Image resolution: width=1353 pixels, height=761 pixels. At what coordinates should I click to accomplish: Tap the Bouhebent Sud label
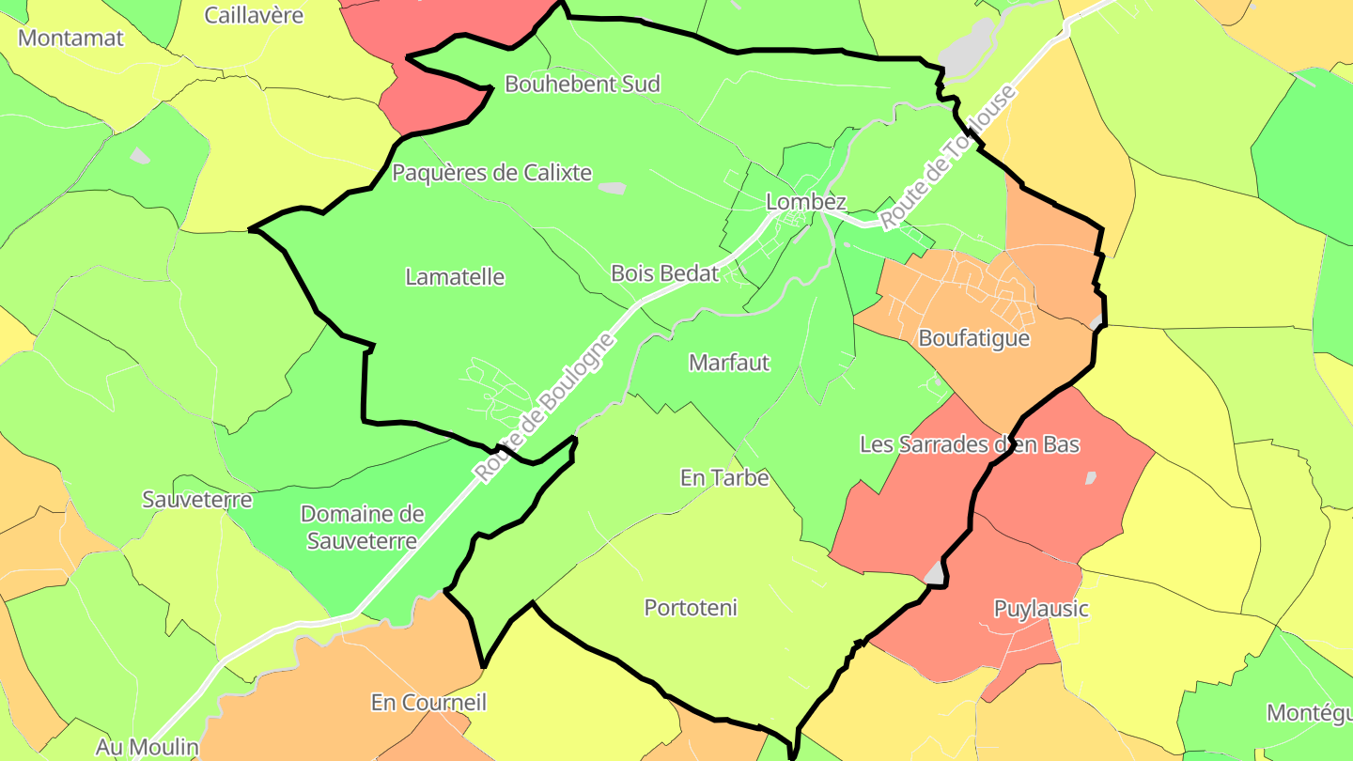583,84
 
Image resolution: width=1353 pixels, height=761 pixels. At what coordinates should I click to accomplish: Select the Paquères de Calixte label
491,173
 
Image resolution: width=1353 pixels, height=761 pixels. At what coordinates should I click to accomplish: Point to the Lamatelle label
455,277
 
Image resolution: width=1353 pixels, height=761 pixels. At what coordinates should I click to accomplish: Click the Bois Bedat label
664,273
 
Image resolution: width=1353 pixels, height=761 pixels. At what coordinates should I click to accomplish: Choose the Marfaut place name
729,363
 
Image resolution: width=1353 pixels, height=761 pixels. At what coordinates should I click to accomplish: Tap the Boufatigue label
974,338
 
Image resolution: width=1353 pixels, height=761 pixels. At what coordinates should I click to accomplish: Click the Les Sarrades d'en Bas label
970,444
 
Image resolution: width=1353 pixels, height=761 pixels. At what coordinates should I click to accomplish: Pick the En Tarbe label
724,478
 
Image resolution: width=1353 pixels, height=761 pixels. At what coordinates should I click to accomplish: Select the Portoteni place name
691,608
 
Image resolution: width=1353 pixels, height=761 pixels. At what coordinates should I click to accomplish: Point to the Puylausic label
1041,609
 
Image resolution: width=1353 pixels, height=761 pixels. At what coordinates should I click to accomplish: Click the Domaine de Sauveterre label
362,527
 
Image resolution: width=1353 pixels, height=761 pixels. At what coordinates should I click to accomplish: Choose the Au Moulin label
148,748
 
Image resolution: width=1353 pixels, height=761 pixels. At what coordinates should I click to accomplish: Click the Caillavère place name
254,15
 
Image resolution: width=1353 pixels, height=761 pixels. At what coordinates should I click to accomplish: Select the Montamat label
70,39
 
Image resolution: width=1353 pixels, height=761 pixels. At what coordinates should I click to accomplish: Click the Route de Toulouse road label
948,158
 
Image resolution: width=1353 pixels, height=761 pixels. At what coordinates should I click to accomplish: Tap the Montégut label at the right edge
1310,712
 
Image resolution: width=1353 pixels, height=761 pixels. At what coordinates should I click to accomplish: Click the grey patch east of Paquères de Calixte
611,188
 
